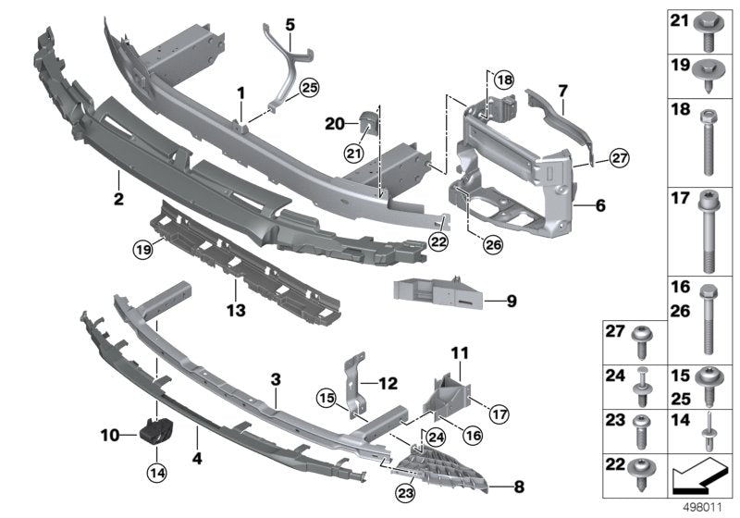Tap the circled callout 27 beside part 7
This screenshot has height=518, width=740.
point(619,158)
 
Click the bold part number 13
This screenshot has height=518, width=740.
point(236,311)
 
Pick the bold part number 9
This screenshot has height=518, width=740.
point(512,301)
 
